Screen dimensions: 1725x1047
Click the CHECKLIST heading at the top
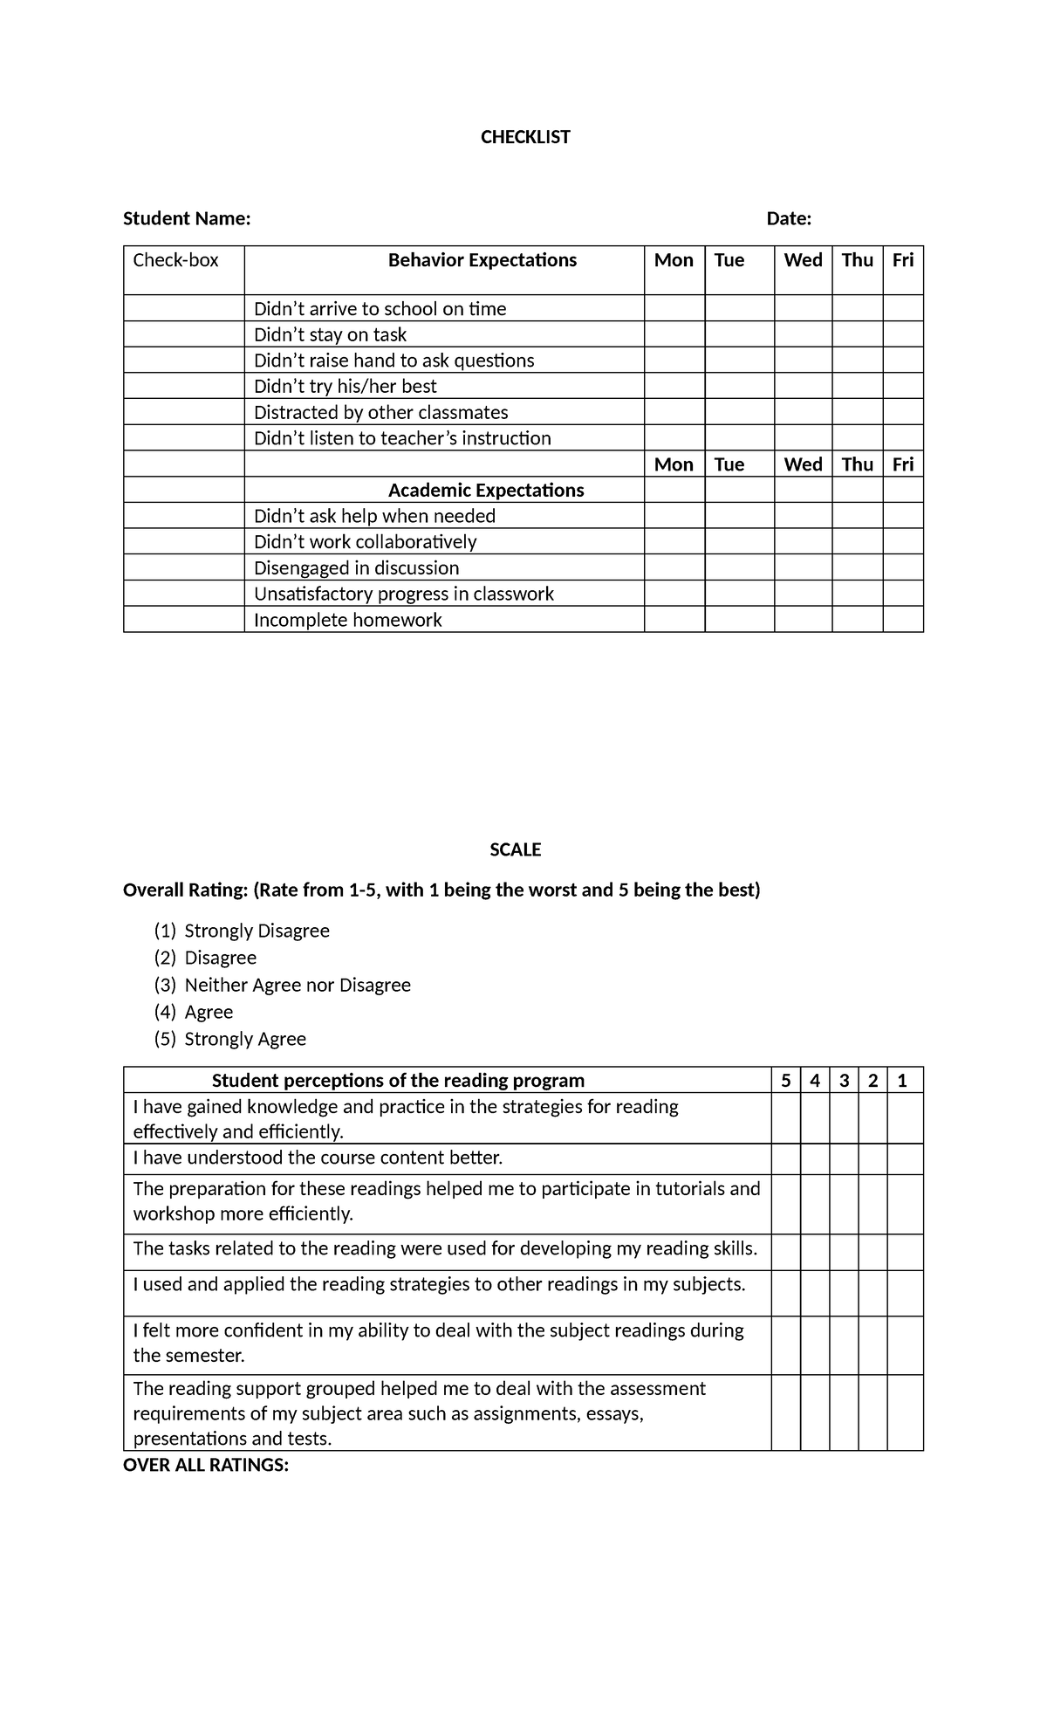pos(525,137)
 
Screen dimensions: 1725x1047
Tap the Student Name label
pos(187,218)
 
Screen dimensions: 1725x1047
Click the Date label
pos(789,218)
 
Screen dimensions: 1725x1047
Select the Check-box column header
pos(175,260)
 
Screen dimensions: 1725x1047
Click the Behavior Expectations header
pos(482,260)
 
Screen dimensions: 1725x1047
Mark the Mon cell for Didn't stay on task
pos(674,334)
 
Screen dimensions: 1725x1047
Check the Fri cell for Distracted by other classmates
pos(903,412)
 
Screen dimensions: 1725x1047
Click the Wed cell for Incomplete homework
pos(803,620)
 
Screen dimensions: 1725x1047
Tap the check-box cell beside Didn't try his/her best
pos(184,386)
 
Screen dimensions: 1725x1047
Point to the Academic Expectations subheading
pos(486,490)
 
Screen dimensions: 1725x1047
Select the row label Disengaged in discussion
pos(356,568)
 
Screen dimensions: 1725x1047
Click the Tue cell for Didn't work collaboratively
pos(739,541)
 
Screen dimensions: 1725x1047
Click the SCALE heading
pos(515,849)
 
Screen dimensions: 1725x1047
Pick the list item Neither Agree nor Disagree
pos(298,985)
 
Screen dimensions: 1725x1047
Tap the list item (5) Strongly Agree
pos(244,1039)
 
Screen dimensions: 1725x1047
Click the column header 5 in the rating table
pos(785,1081)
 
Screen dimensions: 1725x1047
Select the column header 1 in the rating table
pos(902,1081)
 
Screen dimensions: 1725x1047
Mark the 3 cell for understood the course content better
pos(844,1158)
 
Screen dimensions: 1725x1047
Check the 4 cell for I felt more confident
pos(815,1345)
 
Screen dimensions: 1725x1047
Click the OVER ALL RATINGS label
pos(206,1465)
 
